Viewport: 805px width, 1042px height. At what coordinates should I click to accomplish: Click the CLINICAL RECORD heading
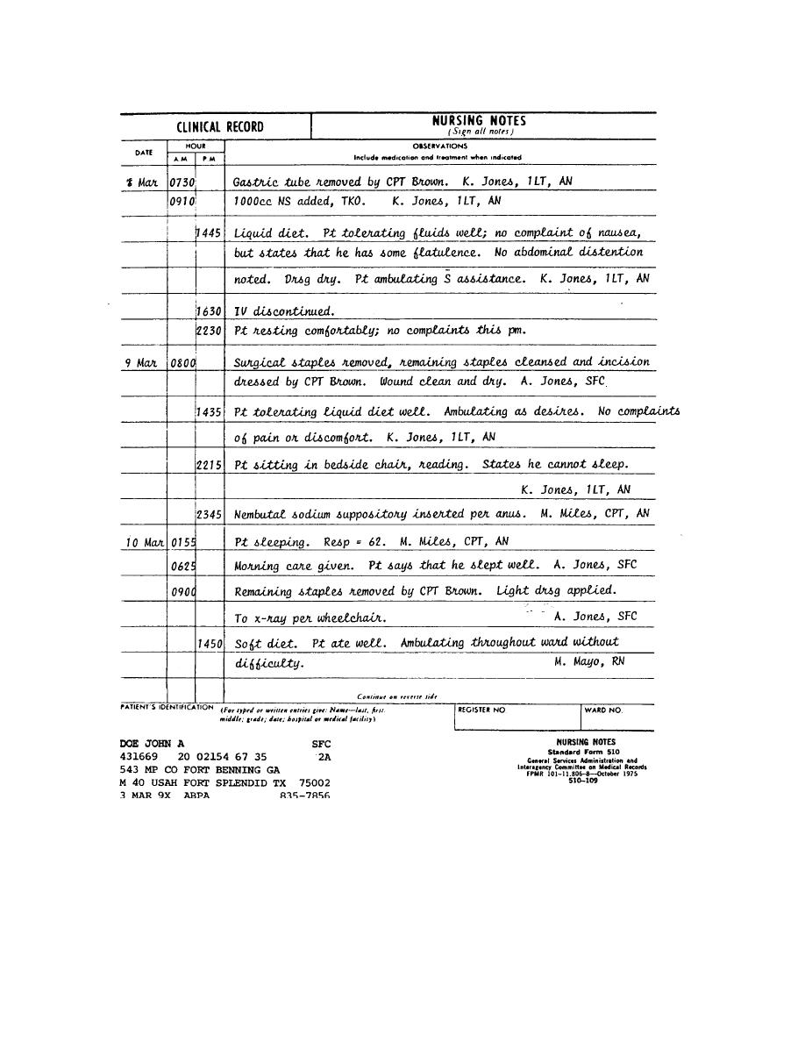tap(219, 127)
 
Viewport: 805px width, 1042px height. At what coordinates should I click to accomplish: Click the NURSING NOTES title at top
tap(479, 122)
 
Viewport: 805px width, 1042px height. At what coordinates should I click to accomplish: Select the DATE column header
tap(144, 153)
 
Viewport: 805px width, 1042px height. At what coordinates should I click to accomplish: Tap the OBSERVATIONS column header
tap(439, 146)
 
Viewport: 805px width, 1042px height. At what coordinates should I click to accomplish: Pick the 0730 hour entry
tap(182, 182)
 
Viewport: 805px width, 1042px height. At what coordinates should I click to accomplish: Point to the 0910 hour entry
tap(182, 201)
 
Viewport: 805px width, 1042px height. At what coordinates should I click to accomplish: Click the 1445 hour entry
tap(209, 233)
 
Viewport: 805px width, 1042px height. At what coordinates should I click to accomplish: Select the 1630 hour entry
tap(209, 311)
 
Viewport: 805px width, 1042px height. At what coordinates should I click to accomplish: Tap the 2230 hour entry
tap(209, 331)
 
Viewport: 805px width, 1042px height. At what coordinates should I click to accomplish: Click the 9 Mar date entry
tap(140, 362)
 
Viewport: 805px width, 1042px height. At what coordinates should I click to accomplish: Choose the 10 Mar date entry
tap(144, 542)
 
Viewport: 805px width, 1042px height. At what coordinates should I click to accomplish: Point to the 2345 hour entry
tap(209, 515)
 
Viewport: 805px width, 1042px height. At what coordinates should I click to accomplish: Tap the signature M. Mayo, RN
tap(589, 661)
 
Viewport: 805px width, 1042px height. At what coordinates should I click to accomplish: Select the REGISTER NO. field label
tap(481, 710)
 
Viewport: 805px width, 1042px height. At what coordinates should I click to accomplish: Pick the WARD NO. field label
tap(603, 710)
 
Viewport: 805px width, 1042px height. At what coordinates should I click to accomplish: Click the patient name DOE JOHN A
tap(152, 743)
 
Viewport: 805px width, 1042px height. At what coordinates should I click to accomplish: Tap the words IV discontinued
tap(284, 311)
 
